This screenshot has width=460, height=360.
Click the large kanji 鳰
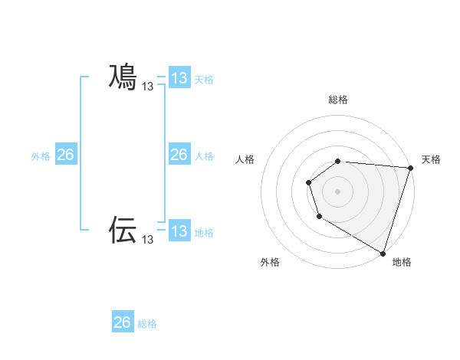123,77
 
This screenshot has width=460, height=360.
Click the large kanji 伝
123,229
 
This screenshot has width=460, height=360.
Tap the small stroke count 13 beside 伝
148,240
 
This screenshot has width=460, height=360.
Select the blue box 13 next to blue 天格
179,78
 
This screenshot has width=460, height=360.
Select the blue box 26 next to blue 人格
179,155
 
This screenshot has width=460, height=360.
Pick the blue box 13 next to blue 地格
179,231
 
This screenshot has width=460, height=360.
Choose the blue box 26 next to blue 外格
65,155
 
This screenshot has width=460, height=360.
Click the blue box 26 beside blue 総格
123,322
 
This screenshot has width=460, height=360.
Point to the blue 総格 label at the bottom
147,324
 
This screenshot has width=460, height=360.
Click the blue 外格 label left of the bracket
41,156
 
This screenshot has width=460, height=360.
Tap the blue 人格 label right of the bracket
204,156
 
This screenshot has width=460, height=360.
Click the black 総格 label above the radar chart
338,100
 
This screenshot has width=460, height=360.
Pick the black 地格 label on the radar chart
402,263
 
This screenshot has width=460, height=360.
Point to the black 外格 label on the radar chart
270,263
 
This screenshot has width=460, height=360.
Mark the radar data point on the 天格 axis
410,168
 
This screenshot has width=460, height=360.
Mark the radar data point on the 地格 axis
383,253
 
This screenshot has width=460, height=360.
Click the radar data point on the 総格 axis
338,161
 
